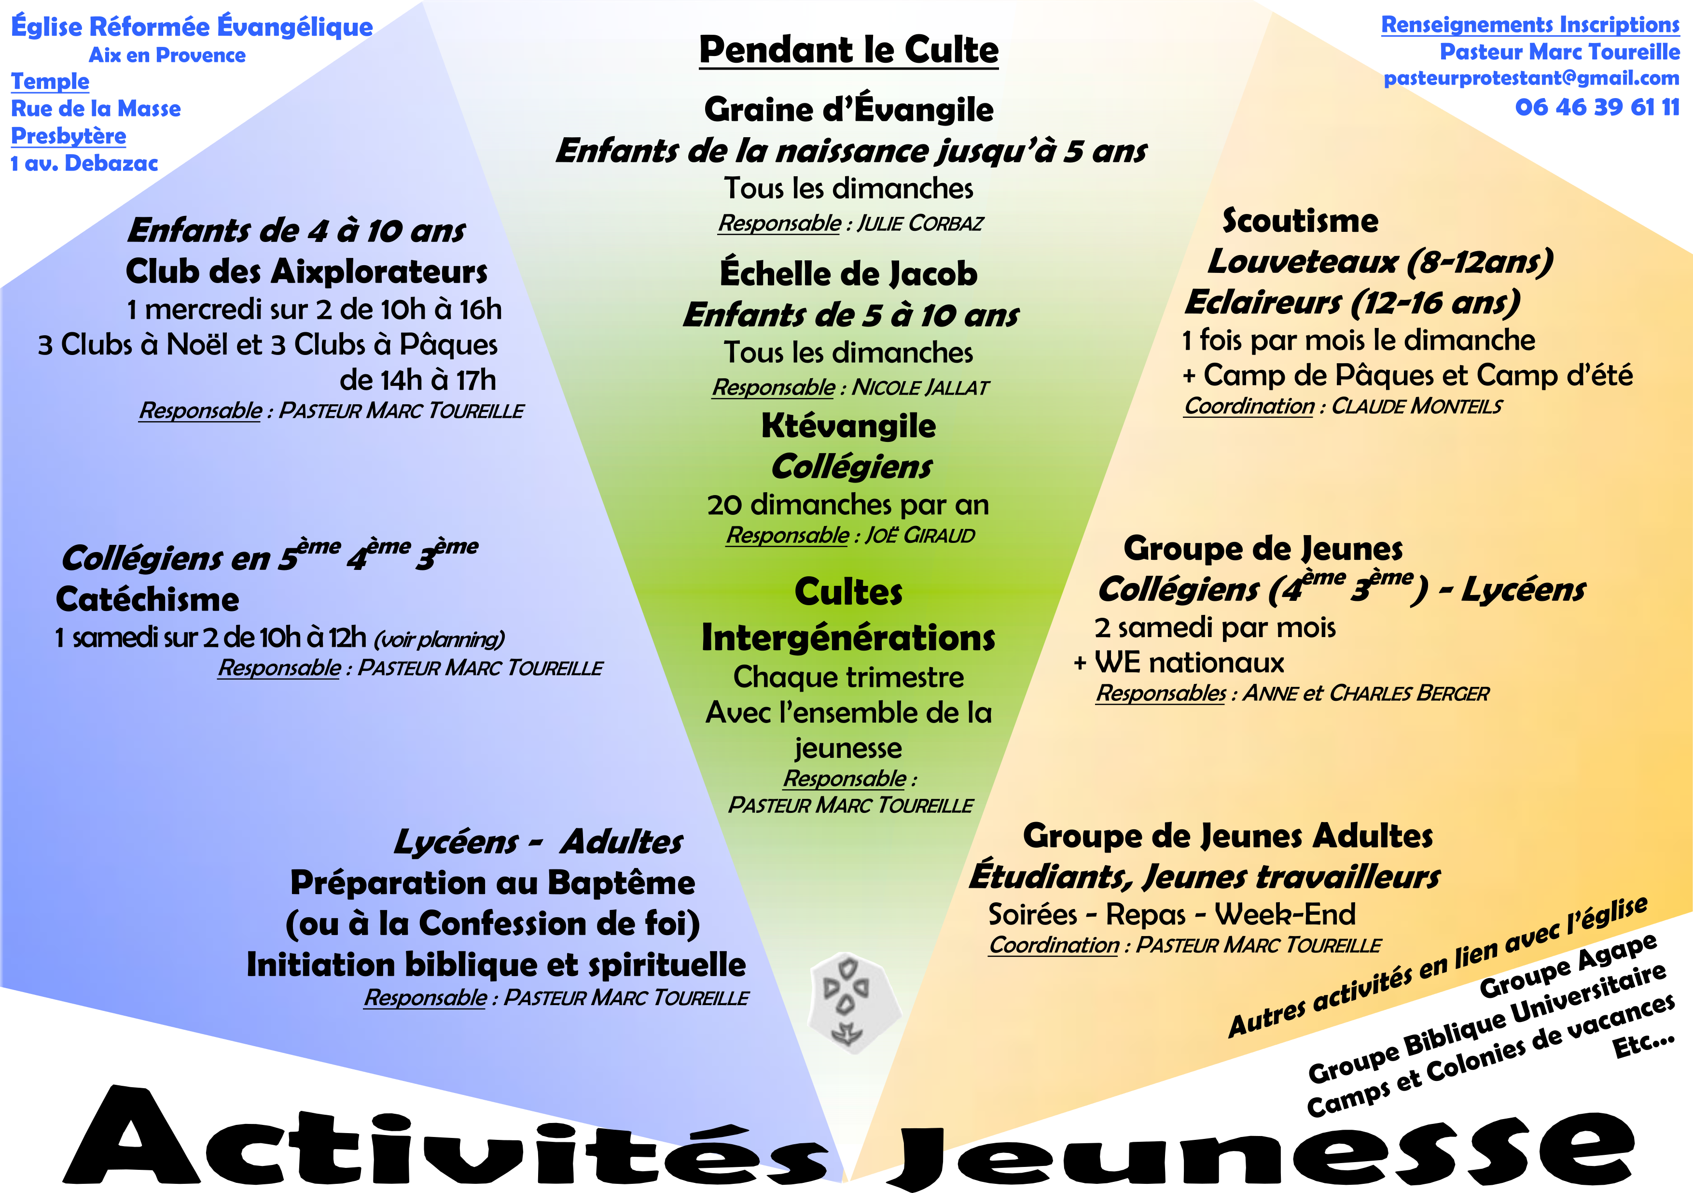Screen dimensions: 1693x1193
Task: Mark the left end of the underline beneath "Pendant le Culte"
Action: (x=700, y=69)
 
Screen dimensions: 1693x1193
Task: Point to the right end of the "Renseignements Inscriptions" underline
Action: (x=1679, y=35)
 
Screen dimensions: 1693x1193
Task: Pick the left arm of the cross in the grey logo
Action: (x=830, y=987)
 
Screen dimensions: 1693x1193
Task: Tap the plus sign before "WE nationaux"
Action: (x=1080, y=663)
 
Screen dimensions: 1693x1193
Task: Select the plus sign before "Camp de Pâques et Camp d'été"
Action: (x=1189, y=376)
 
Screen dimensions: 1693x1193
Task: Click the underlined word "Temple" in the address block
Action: (x=50, y=81)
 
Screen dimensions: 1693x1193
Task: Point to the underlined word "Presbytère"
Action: (x=69, y=136)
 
